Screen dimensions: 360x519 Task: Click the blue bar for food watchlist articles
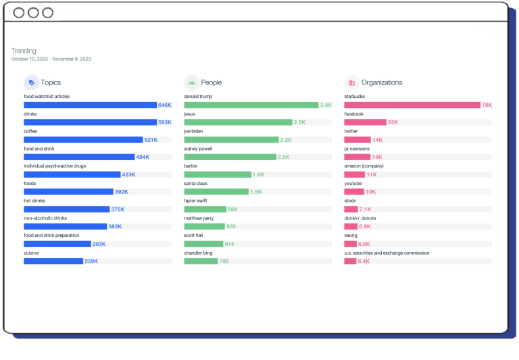pos(90,105)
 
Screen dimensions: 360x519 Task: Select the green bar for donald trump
pos(251,105)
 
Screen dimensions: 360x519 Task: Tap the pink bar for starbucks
pos(412,105)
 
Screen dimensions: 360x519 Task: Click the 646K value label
pos(165,105)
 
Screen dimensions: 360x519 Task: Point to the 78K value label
pos(487,105)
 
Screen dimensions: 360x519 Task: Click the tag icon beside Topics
pos(31,82)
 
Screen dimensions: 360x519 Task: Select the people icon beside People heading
pos(192,82)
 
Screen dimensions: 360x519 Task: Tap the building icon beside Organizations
pos(351,82)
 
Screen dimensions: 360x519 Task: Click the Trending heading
pos(24,51)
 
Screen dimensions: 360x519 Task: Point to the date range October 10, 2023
pos(51,59)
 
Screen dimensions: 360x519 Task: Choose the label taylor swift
pos(195,201)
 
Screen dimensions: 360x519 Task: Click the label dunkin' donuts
pos(360,218)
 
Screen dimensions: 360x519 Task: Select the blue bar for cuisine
pos(53,261)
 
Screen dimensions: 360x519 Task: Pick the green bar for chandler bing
pos(201,261)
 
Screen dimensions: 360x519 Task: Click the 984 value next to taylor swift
pos(232,209)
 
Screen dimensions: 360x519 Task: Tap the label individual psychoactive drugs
pos(55,165)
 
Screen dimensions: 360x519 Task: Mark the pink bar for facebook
pos(365,122)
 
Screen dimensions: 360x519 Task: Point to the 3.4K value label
pos(326,105)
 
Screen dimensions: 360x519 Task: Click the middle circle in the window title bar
pos(33,13)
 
